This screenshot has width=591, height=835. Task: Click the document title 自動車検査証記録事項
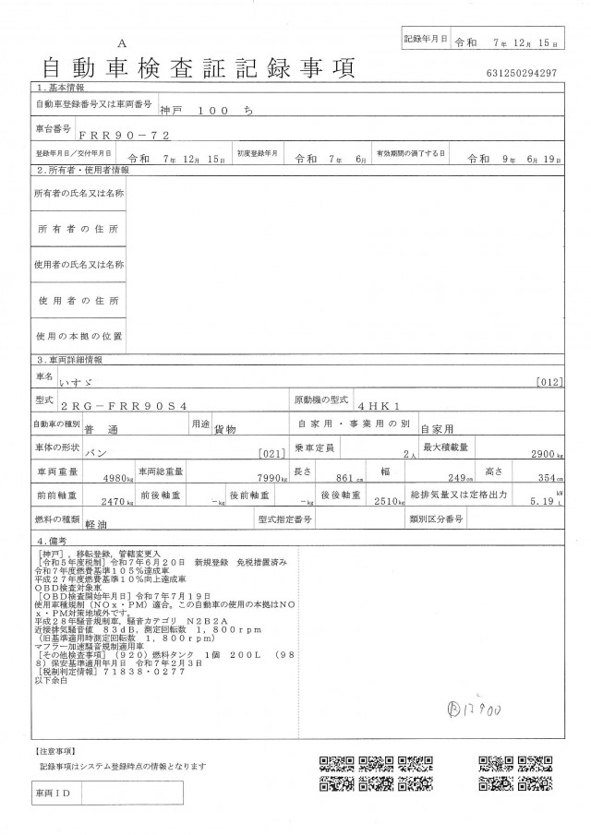tap(198, 67)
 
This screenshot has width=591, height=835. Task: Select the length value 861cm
tap(345, 478)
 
